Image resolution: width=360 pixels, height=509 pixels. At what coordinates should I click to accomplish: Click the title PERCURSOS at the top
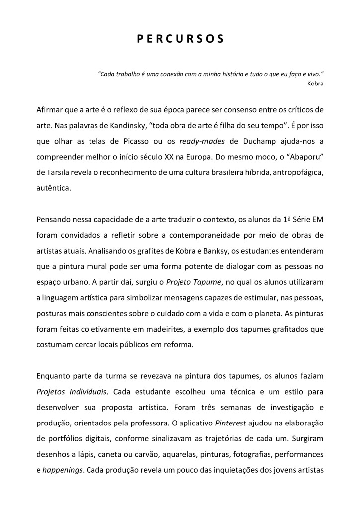(180, 39)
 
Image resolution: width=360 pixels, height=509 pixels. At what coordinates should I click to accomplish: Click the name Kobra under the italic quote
(315, 83)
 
